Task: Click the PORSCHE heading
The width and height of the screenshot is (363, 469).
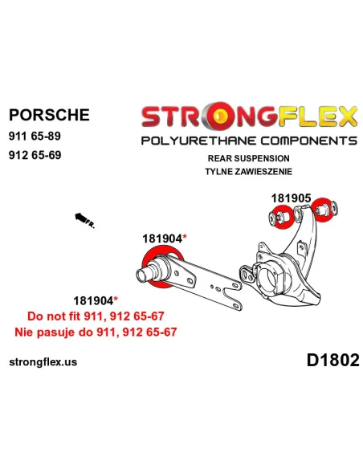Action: (49, 115)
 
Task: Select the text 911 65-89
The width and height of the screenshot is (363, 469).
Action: (35, 136)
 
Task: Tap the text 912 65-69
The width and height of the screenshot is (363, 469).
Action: (35, 155)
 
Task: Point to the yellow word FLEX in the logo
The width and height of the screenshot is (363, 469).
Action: (317, 116)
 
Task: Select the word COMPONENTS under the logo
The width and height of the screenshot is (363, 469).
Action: (309, 141)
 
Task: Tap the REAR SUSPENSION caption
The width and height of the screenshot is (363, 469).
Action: (248, 158)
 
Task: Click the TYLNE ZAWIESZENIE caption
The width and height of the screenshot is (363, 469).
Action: (248, 171)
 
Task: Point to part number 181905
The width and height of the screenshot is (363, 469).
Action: (291, 198)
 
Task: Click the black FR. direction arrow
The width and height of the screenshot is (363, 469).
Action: (85, 221)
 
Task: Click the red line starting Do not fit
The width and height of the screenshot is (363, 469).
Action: (96, 316)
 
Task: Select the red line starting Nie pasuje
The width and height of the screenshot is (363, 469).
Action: (96, 332)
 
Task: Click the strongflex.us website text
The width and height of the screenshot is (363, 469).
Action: (43, 362)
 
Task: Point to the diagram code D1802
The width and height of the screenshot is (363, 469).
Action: (332, 360)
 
